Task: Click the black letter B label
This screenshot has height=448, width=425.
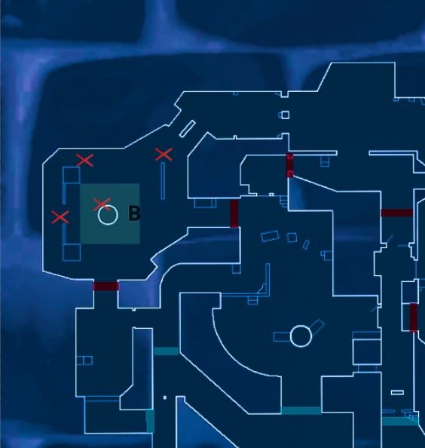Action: click(134, 213)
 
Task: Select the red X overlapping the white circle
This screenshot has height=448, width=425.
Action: click(102, 204)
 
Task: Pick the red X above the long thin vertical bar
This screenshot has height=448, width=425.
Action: click(164, 155)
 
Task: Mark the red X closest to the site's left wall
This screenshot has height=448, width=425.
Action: click(60, 217)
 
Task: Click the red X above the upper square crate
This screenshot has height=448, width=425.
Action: click(85, 160)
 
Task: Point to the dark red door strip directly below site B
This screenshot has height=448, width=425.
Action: click(106, 286)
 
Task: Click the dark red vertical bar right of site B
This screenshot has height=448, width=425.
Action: click(234, 213)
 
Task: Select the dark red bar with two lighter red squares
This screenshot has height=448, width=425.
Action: click(289, 165)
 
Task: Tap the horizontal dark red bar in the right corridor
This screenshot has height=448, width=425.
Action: click(397, 213)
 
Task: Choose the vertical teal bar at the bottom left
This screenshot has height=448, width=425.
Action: click(150, 421)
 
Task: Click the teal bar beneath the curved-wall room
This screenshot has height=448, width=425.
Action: click(301, 410)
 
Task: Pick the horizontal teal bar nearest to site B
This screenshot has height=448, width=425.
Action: click(167, 351)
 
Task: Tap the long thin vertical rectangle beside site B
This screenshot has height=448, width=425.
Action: click(163, 181)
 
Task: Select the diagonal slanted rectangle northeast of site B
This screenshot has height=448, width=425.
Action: click(187, 129)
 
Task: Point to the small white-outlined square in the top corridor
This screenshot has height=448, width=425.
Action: click(285, 115)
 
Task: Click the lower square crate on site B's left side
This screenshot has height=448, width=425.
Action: click(72, 253)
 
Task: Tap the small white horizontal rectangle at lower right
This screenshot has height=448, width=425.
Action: click(397, 393)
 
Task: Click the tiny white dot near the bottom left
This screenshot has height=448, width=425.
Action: click(165, 397)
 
